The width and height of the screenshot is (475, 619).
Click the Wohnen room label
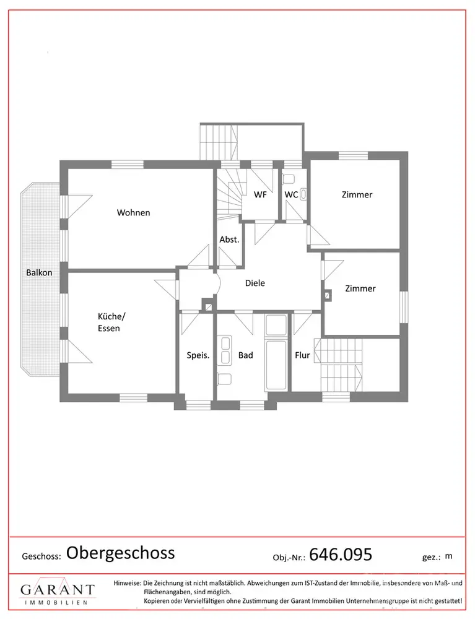click(133, 212)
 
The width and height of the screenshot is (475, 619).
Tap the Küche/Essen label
click(111, 322)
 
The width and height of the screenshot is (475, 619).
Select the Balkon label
click(39, 272)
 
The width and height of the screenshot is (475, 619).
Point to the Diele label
click(255, 283)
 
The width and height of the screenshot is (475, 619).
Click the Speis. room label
click(198, 355)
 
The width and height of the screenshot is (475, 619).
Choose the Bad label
click(245, 355)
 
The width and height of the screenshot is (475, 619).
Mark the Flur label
click(302, 355)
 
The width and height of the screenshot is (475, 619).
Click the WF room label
click(260, 194)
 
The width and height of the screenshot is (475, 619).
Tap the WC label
click(291, 194)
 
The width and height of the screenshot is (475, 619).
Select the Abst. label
click(229, 240)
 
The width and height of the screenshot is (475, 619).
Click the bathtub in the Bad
click(276, 365)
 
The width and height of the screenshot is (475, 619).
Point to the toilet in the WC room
click(289, 179)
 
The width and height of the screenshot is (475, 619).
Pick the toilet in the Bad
click(224, 378)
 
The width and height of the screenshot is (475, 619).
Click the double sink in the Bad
click(225, 350)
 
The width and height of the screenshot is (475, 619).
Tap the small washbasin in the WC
click(304, 194)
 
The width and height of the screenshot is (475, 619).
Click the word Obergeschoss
click(120, 553)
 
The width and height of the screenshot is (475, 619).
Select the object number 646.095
click(341, 554)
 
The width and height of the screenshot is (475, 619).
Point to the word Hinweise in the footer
click(127, 582)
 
